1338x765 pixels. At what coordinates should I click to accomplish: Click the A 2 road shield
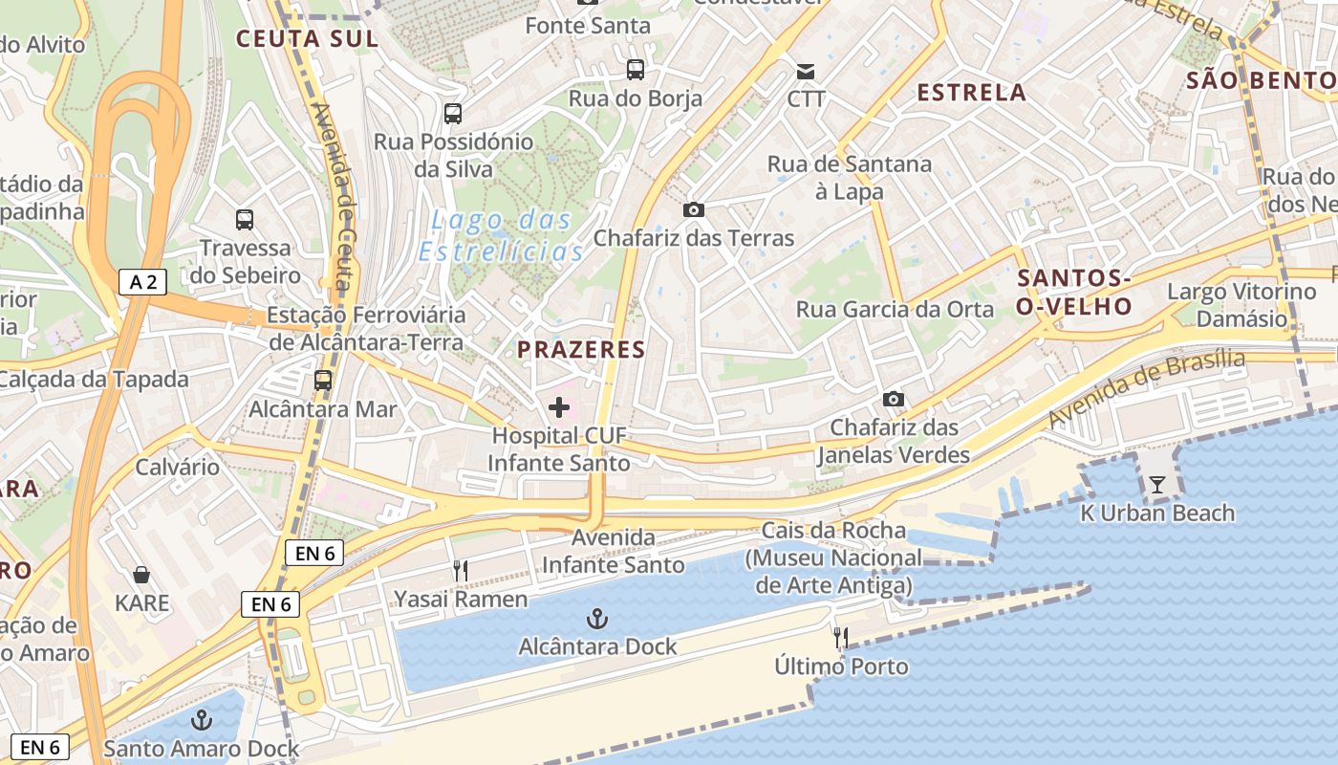[142, 281]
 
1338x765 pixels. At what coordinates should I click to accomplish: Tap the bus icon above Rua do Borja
[636, 69]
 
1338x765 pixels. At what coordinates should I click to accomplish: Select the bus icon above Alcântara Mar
[323, 380]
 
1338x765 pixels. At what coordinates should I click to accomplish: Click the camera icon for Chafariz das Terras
[694, 209]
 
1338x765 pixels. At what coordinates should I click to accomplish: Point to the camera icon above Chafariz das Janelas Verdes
[894, 399]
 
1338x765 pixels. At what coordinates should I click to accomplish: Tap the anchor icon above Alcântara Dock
[597, 619]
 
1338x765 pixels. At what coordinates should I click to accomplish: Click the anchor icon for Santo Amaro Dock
[202, 719]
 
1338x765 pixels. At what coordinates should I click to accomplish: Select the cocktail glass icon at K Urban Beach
[1157, 485]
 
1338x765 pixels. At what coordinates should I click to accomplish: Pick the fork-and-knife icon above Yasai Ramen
[461, 571]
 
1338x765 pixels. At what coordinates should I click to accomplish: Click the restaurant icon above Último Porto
[841, 638]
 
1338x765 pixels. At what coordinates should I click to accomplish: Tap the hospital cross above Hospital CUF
[559, 408]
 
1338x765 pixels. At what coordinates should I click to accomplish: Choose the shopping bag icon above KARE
[141, 575]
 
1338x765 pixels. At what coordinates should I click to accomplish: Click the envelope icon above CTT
[806, 71]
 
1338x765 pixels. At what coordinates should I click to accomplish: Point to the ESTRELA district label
[971, 93]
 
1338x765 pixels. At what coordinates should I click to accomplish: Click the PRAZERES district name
[581, 350]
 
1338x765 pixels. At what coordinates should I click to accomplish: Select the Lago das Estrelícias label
[502, 235]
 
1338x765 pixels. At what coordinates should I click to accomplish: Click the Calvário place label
[178, 467]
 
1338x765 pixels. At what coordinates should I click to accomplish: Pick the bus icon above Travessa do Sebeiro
[245, 219]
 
